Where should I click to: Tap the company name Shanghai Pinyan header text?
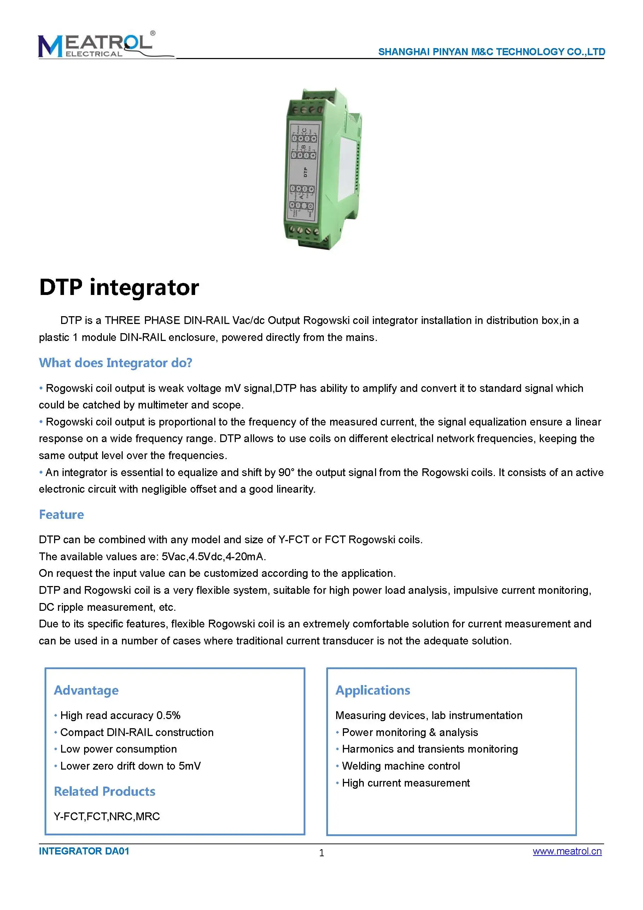point(491,52)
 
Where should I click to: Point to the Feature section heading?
point(62,515)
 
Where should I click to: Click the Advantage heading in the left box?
point(86,690)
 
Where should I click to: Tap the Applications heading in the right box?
point(373,690)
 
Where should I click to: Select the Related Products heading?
point(105,791)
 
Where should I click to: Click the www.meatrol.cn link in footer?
point(567,851)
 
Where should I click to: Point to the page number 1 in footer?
point(321,853)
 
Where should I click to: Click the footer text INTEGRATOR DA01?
point(84,851)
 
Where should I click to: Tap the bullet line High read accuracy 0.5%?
point(120,715)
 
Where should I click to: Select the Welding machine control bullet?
point(401,766)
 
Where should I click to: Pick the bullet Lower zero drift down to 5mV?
point(130,766)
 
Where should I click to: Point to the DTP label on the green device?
point(305,172)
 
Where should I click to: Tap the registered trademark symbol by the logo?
point(153,33)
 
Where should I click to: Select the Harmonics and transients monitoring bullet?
point(429,749)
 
